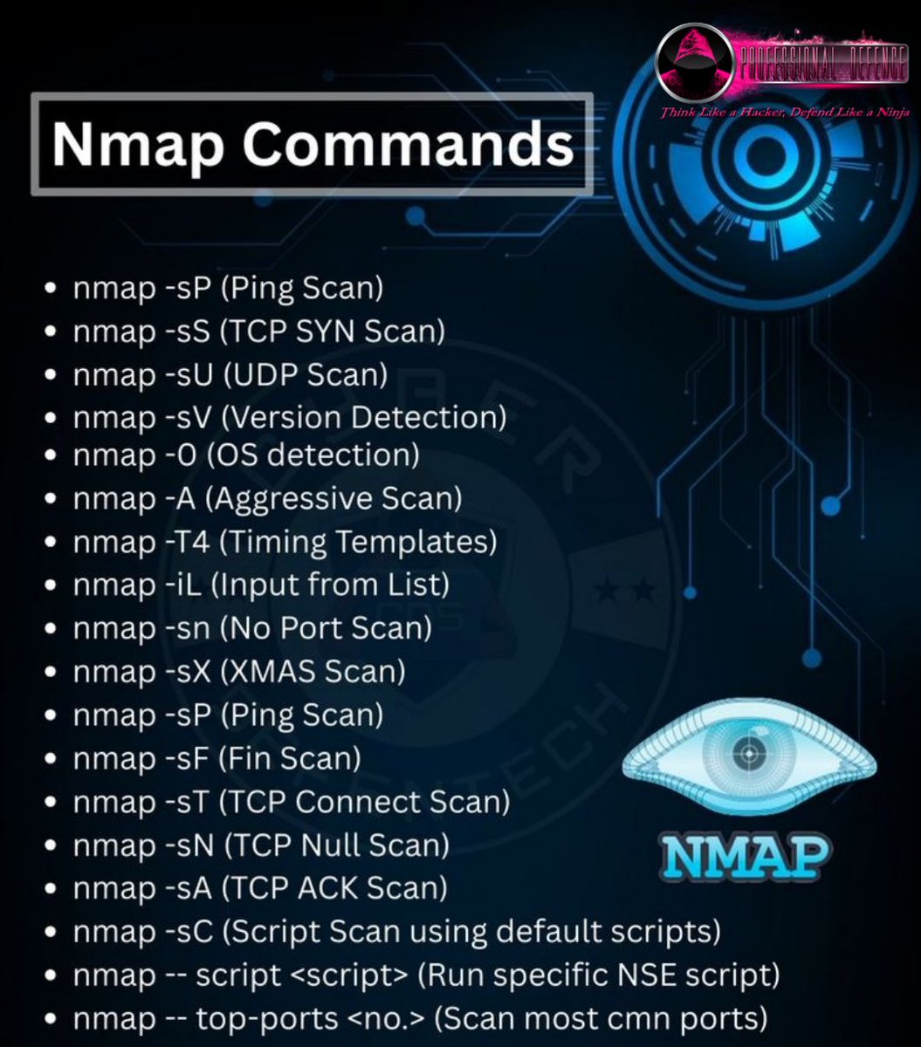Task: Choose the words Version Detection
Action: (363, 417)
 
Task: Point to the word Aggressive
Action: (281, 499)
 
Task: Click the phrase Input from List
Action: (335, 585)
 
